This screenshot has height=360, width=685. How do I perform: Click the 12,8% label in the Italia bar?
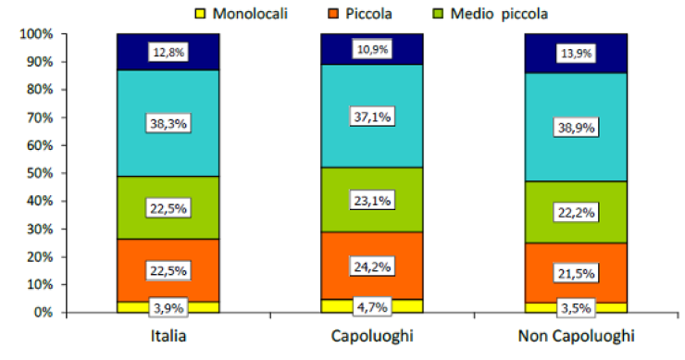click(168, 53)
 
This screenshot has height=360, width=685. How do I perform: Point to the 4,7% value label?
click(371, 306)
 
